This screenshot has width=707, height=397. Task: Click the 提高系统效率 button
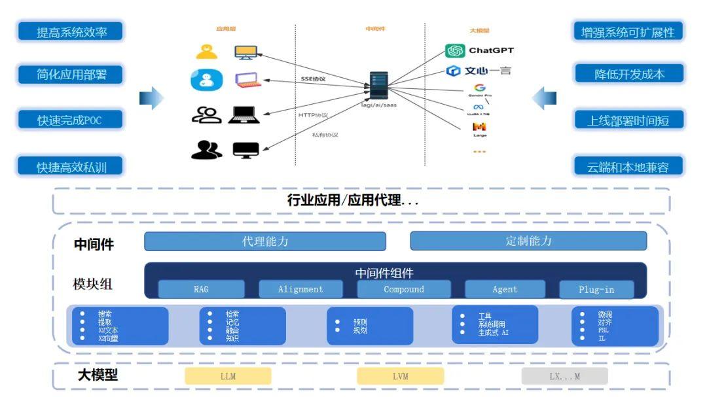point(71,31)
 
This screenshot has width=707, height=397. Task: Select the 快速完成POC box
point(71,120)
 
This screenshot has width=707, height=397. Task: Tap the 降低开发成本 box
point(628,74)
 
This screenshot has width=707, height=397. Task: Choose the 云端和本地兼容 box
point(628,166)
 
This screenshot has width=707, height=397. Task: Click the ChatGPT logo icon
point(455,51)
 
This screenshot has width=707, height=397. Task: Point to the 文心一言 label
point(488,71)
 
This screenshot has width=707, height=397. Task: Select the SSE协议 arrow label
point(313,79)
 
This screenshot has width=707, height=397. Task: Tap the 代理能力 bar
point(265,241)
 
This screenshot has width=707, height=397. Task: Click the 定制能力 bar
point(528,241)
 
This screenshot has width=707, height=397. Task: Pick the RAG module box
point(201,289)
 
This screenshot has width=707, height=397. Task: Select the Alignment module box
point(300,289)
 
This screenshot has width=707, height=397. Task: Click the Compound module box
point(404,289)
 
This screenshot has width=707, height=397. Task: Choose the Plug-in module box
point(596,290)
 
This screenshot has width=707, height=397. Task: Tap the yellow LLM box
point(228,376)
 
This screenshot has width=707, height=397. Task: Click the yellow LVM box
point(400,376)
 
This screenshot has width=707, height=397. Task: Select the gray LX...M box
point(564,376)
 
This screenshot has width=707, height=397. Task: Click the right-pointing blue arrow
point(151,98)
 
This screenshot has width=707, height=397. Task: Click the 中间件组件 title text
point(384,273)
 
